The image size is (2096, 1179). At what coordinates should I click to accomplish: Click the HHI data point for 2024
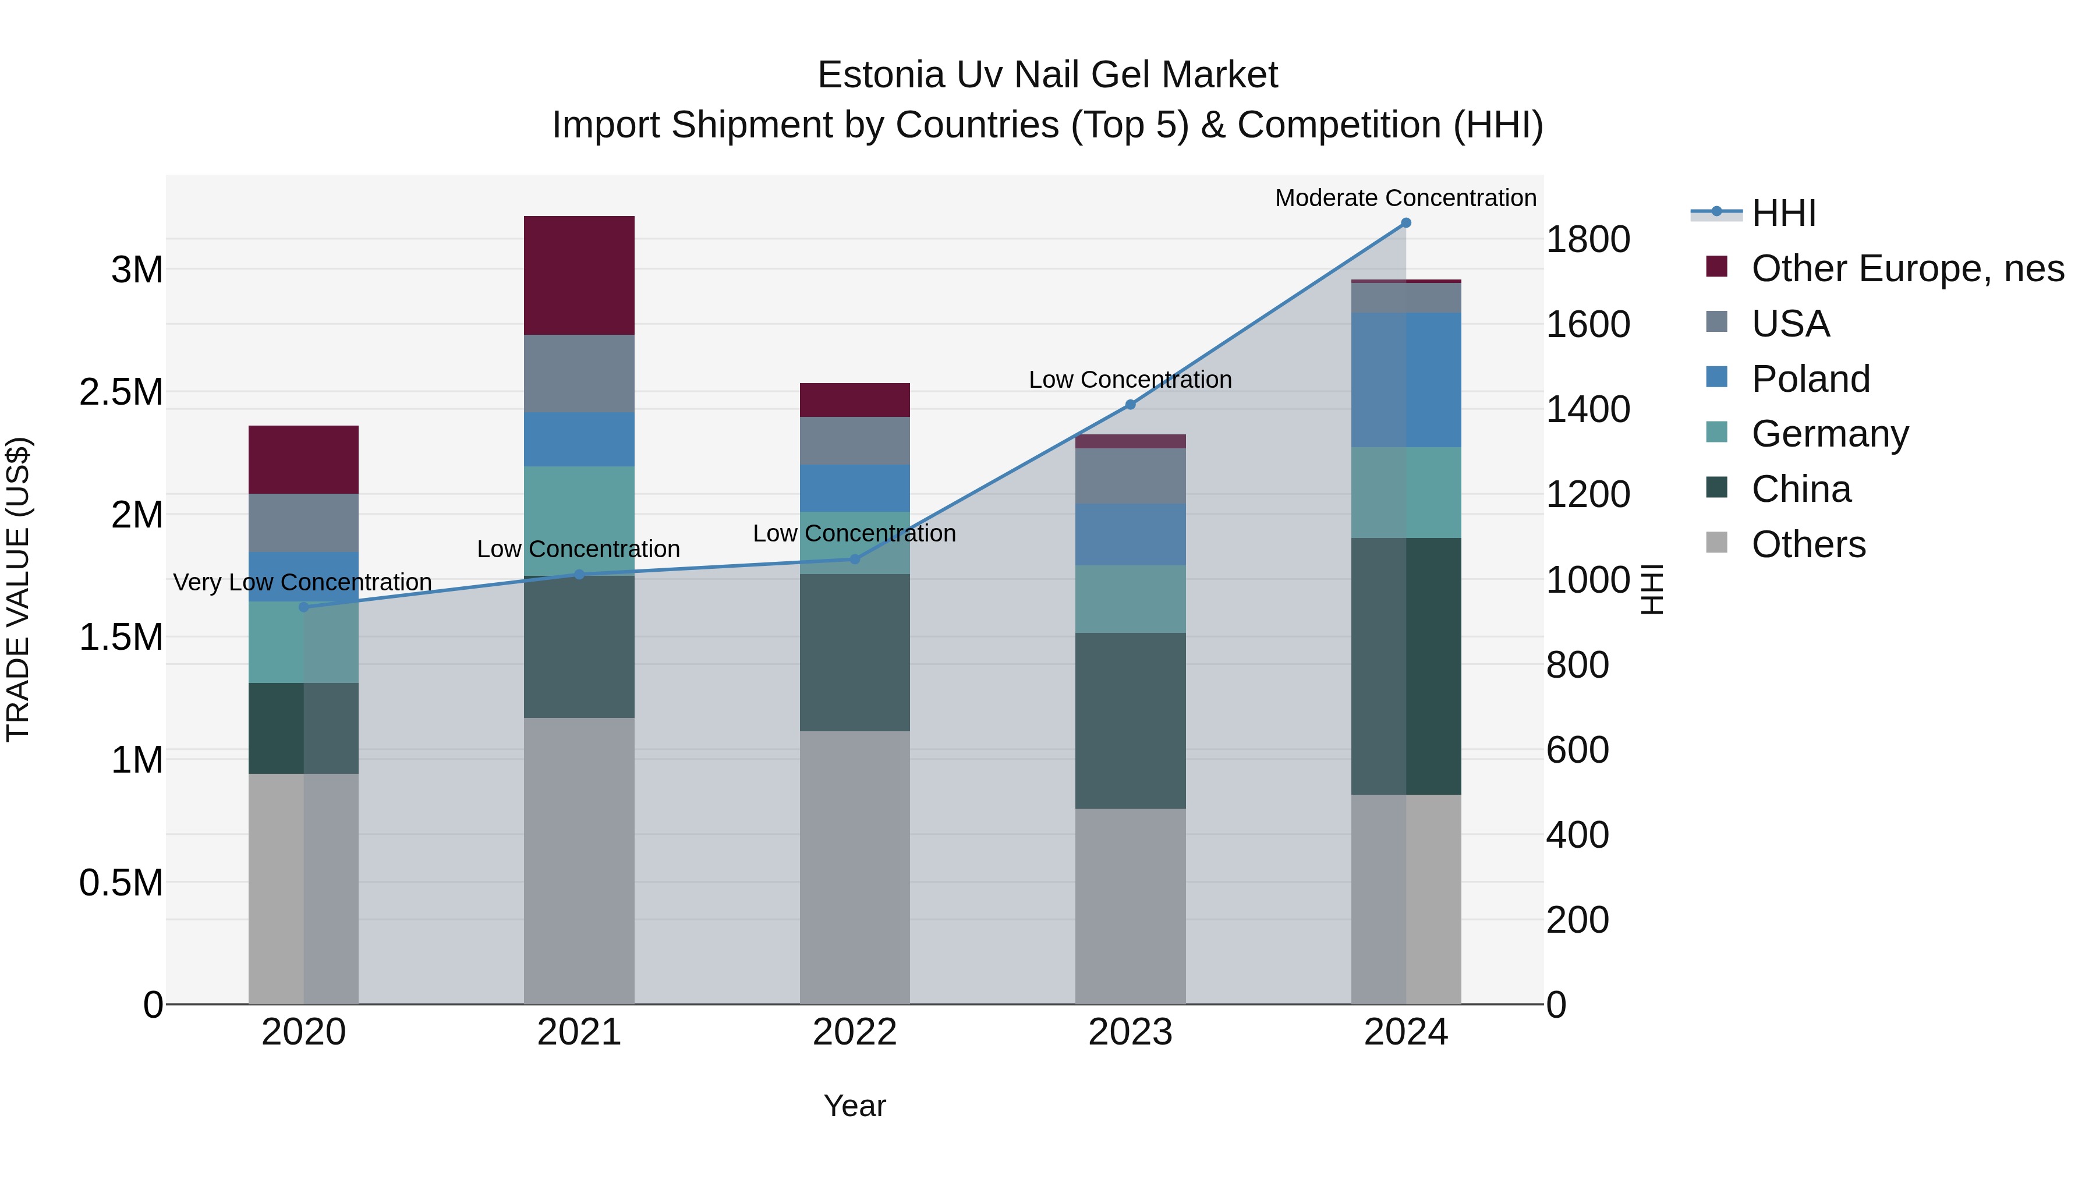pyautogui.click(x=1405, y=223)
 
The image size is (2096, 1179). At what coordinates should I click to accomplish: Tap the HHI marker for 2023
pyautogui.click(x=1130, y=405)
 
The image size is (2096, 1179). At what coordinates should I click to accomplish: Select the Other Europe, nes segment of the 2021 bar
pyautogui.click(x=579, y=275)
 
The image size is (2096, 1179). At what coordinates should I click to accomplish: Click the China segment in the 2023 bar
pyautogui.click(x=1130, y=720)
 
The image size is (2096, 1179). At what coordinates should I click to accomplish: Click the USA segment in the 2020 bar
pyautogui.click(x=303, y=522)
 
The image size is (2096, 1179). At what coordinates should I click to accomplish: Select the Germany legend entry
pyautogui.click(x=1829, y=434)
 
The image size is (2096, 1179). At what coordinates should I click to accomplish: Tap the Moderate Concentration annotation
pyautogui.click(x=1405, y=198)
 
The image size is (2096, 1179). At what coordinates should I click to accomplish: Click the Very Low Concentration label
pyautogui.click(x=303, y=583)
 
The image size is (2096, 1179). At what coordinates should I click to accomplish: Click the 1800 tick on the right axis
pyautogui.click(x=1587, y=240)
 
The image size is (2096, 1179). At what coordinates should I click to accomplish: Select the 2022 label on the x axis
pyautogui.click(x=854, y=1032)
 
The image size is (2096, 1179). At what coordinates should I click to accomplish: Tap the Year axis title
pyautogui.click(x=854, y=1106)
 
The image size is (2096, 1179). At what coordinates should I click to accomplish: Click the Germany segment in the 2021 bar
pyautogui.click(x=579, y=521)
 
